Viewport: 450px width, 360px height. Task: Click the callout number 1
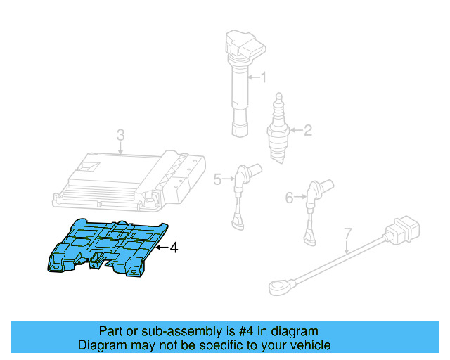(264, 77)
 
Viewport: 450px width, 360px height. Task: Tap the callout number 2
(307, 129)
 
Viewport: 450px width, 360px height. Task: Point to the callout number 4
(174, 247)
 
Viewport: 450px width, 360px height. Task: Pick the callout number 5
(218, 180)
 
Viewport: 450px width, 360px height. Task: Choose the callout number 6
(289, 198)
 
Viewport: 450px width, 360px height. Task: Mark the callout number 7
(347, 232)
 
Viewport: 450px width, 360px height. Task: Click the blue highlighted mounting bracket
(109, 246)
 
